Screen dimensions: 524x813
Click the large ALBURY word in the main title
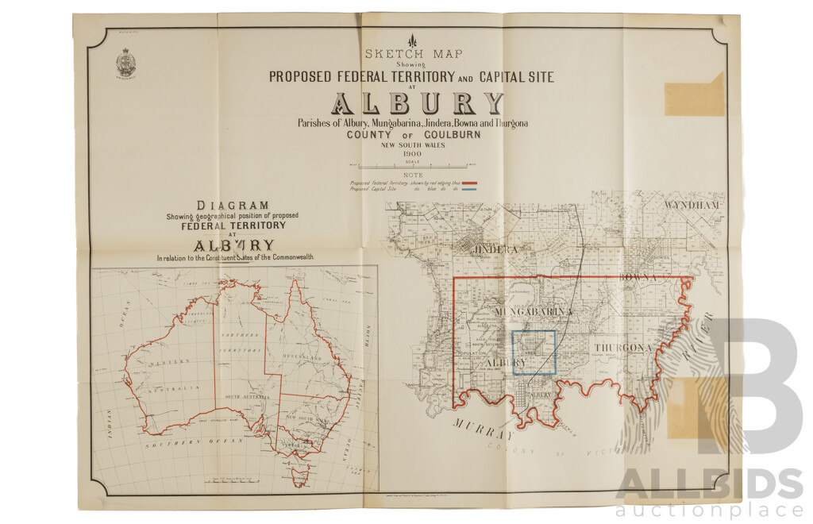click(418, 104)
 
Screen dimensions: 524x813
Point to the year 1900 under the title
click(412, 153)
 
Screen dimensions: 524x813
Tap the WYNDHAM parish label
click(692, 205)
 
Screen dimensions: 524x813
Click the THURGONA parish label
click(622, 348)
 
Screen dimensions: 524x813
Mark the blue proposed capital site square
click(534, 352)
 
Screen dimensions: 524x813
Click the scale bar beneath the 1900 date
click(412, 167)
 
